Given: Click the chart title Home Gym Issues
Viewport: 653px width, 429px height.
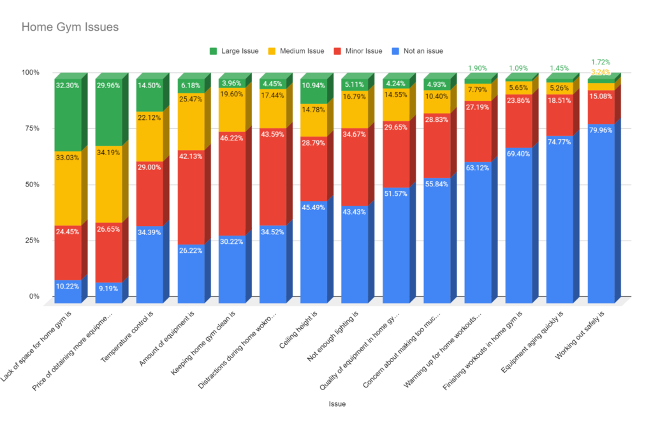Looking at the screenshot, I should pos(70,27).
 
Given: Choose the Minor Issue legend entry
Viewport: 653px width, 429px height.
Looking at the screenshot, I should pos(364,50).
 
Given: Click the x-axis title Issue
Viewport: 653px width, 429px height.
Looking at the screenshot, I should pos(337,403).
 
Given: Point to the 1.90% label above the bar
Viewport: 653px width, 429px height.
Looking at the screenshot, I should pos(478,68).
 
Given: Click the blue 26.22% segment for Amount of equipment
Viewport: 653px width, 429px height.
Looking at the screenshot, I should pos(191,268).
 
